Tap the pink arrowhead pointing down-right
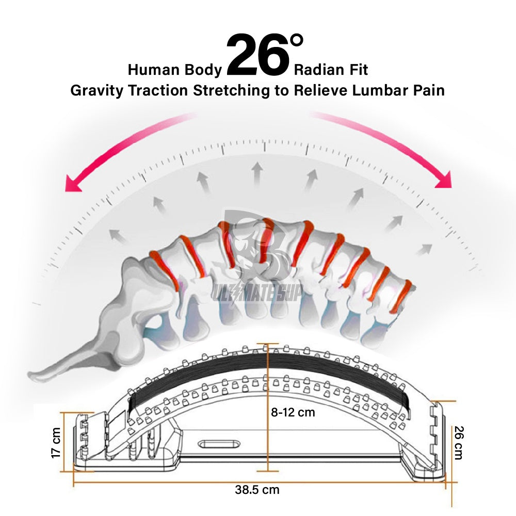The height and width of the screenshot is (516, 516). (x=444, y=179)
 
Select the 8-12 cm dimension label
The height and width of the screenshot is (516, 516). (x=293, y=412)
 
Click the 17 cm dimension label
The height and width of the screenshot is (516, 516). (x=56, y=442)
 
